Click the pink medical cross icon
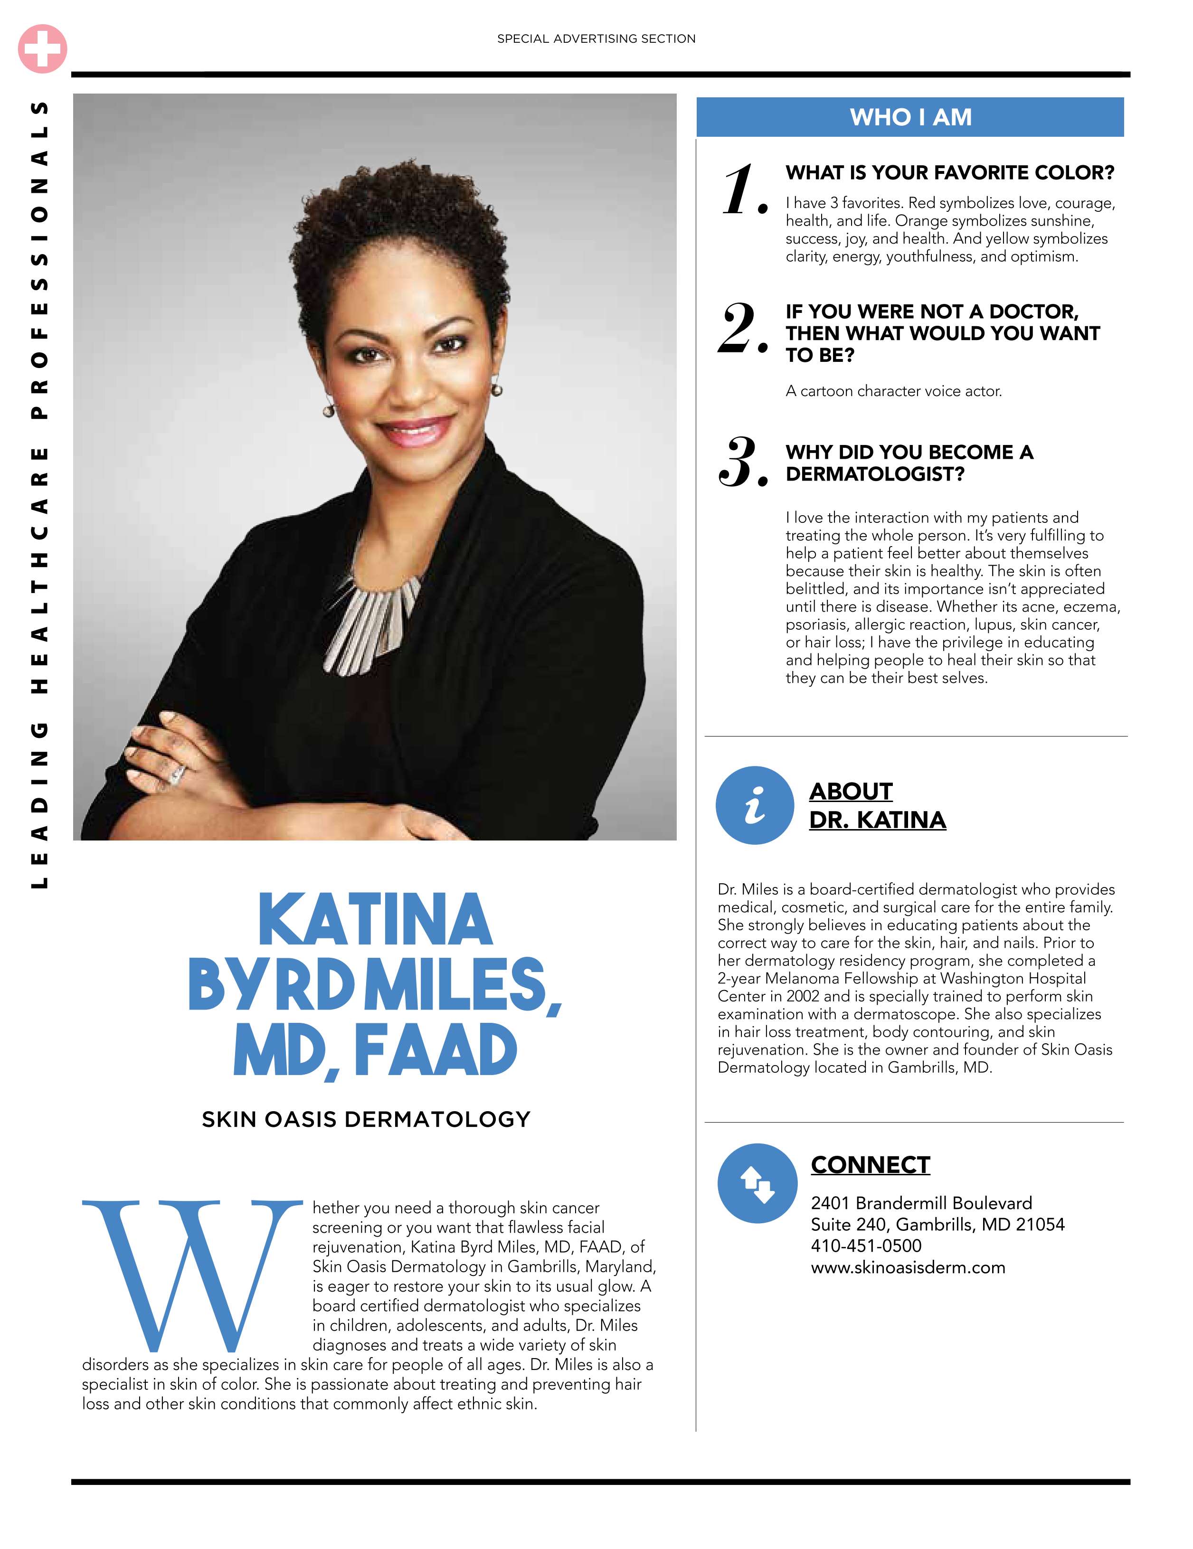(43, 49)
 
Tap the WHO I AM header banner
(910, 117)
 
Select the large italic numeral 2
(741, 329)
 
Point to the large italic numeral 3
(741, 463)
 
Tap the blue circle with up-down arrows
(757, 1183)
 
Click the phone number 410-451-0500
(866, 1246)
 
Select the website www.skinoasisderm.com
(908, 1267)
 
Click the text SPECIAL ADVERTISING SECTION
(596, 39)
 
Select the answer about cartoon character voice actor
(893, 391)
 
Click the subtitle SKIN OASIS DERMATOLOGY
(366, 1119)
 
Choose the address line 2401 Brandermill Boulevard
(921, 1203)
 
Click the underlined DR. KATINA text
(877, 820)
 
